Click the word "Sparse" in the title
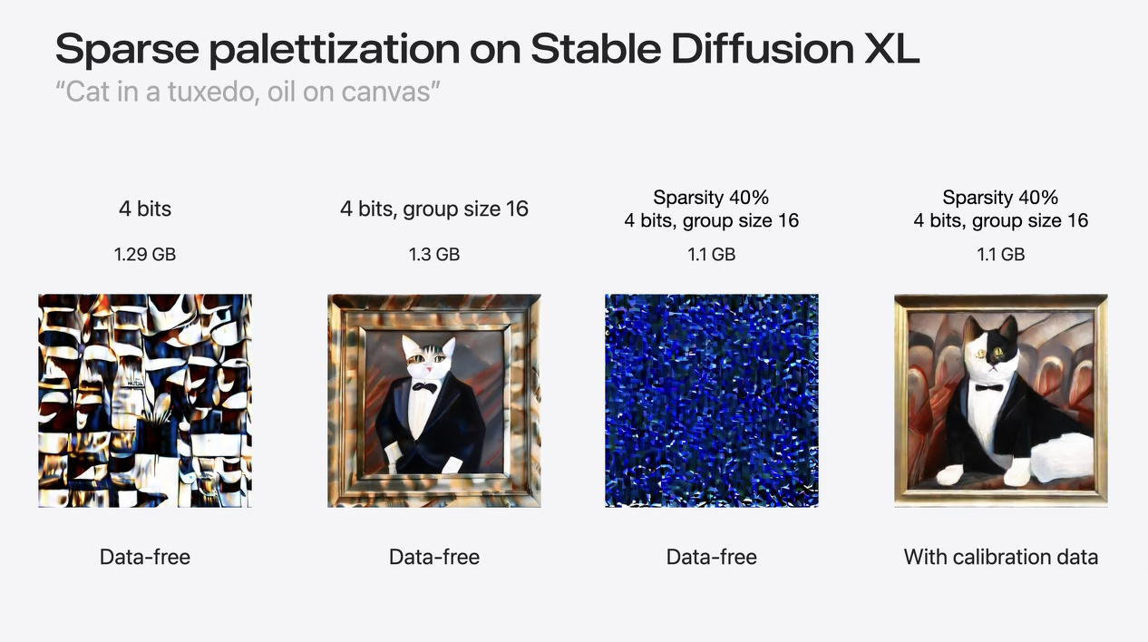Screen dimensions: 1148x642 coord(127,49)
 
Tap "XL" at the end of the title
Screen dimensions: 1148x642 coord(891,48)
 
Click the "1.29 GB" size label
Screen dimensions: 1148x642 coord(145,254)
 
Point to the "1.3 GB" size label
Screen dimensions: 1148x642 coord(434,254)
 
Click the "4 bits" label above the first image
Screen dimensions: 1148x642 coord(145,209)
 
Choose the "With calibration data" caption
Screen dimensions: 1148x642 coord(1000,557)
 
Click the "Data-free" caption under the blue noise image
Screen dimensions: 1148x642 coord(711,557)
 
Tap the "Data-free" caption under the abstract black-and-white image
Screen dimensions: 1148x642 coord(145,557)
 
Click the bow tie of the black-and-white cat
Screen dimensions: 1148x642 coord(988,387)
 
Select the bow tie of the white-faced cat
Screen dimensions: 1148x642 coord(425,387)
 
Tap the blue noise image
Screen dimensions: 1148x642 coord(711,401)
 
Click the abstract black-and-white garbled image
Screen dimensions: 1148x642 coord(145,401)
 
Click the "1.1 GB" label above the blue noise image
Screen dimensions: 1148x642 coord(711,254)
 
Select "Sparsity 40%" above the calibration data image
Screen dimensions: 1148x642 coord(1000,198)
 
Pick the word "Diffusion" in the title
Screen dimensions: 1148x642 coord(763,48)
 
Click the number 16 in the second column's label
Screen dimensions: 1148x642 coord(517,209)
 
